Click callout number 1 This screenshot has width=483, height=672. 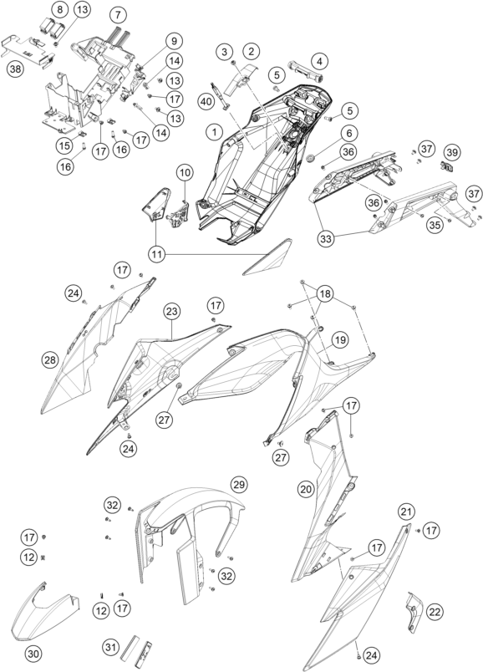pos(214,131)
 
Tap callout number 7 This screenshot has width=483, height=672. pos(119,15)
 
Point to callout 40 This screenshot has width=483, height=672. pos(206,101)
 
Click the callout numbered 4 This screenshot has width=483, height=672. pos(319,61)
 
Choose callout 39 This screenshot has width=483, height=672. pos(453,152)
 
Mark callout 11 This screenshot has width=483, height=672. pos(157,255)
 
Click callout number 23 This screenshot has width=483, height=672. pos(171,312)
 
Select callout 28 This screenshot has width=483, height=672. pos(51,360)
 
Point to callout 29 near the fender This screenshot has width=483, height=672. pos(239,485)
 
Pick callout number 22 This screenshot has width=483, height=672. pos(435,612)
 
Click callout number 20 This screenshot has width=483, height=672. pos(307,489)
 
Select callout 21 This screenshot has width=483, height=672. pos(407,512)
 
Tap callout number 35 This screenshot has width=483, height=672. pos(435,227)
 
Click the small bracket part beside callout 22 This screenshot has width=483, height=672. pos(413,613)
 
